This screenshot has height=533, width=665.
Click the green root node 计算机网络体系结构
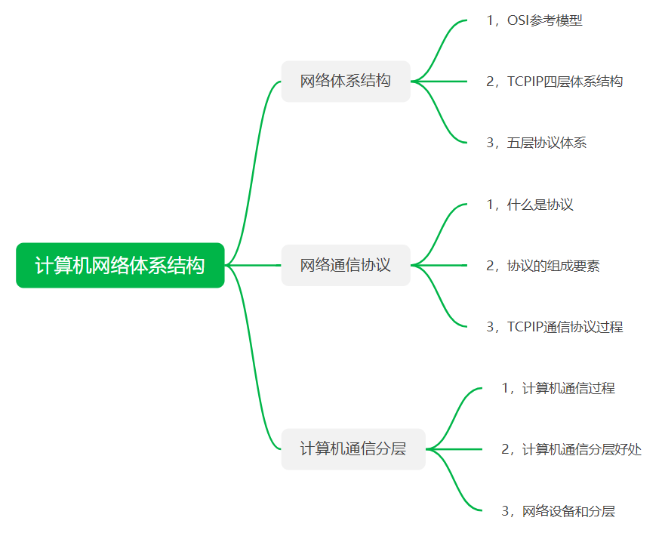tap(120, 266)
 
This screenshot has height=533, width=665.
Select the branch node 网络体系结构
tap(346, 81)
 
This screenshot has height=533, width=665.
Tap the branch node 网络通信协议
tap(346, 265)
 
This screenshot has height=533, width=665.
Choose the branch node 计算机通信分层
tap(353, 449)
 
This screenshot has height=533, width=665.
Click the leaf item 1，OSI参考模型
tap(534, 20)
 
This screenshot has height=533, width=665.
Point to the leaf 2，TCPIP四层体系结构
tap(555, 82)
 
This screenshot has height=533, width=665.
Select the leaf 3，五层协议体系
tap(537, 143)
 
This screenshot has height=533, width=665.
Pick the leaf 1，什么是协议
tap(530, 205)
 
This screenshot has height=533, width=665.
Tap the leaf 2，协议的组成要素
tap(543, 266)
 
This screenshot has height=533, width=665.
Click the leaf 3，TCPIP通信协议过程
tap(555, 327)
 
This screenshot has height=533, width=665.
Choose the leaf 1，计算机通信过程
tap(559, 388)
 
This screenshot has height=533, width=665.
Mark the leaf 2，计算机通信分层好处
tap(571, 450)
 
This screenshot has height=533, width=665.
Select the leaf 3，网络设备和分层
tap(559, 511)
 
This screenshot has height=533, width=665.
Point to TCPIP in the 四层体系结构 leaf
tap(526, 82)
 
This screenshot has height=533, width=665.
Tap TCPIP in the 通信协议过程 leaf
tap(526, 327)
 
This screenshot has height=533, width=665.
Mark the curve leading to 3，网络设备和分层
tap(456, 487)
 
